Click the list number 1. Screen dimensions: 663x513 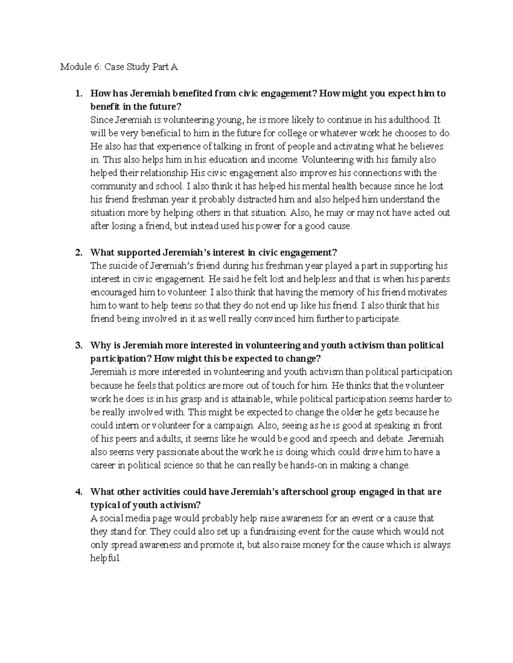(x=78, y=93)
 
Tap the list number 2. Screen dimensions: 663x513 (x=78, y=253)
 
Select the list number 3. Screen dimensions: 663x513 (x=78, y=345)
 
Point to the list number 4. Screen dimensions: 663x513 (x=78, y=492)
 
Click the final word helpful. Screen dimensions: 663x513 (x=105, y=558)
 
